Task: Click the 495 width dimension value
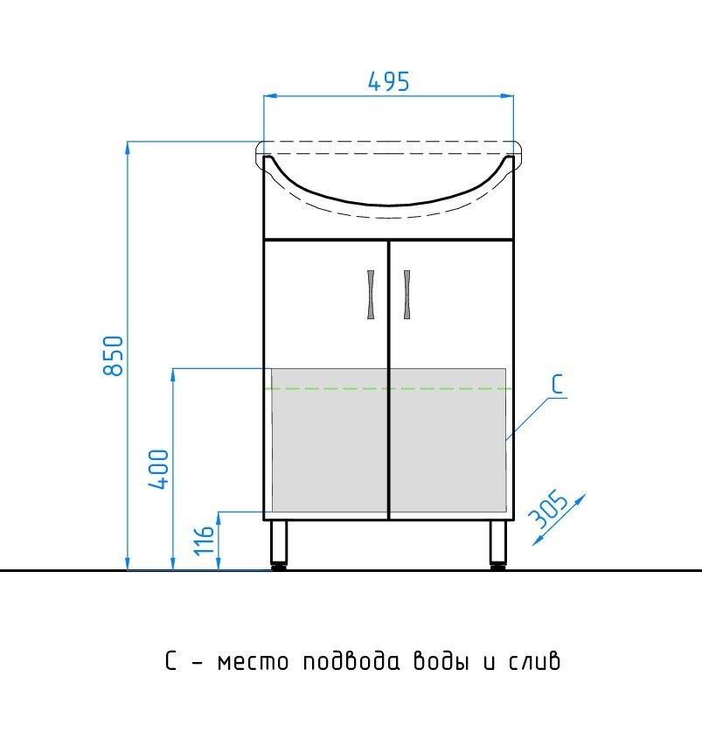click(389, 81)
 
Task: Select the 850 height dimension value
click(113, 355)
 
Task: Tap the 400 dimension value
click(159, 470)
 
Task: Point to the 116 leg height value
click(205, 541)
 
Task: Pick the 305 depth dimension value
click(547, 508)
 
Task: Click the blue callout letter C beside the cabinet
click(558, 384)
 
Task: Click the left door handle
click(371, 295)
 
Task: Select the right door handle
click(407, 295)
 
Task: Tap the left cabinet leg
click(279, 544)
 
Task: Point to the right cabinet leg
click(497, 544)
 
